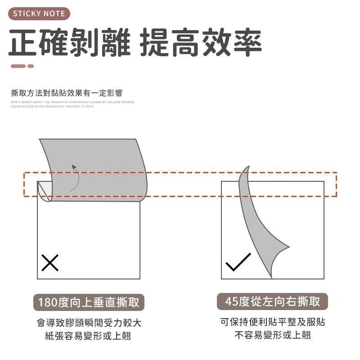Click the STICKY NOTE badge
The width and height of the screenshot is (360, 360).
[x=39, y=13]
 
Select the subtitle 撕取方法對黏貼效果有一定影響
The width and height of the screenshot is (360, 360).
[x=66, y=93]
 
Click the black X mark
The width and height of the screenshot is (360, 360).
[x=50, y=262]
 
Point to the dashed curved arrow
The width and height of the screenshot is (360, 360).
[x=76, y=177]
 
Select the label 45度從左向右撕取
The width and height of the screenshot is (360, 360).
[x=273, y=301]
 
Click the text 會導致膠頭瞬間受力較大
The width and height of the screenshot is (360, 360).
[x=89, y=323]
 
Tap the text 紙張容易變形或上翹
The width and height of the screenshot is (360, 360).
[x=89, y=336]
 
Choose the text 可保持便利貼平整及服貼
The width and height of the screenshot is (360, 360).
[x=273, y=322]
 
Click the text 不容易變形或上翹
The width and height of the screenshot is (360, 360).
[x=273, y=335]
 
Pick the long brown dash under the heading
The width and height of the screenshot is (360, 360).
[x=18, y=66]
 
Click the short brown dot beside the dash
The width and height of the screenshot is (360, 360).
[x=31, y=66]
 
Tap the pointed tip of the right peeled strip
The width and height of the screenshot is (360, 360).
[x=288, y=247]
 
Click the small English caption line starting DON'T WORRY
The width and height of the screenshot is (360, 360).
[x=72, y=102]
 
